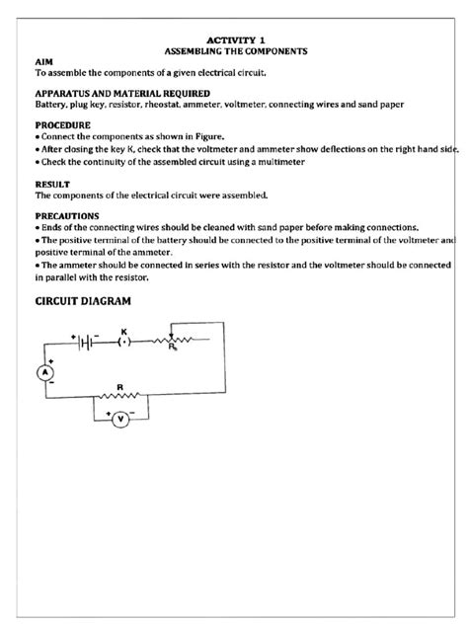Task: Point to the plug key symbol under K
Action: pyautogui.click(x=123, y=343)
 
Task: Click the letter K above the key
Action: pyautogui.click(x=123, y=330)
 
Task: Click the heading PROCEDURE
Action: pyautogui.click(x=63, y=125)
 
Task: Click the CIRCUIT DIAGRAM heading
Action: pyautogui.click(x=83, y=300)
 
